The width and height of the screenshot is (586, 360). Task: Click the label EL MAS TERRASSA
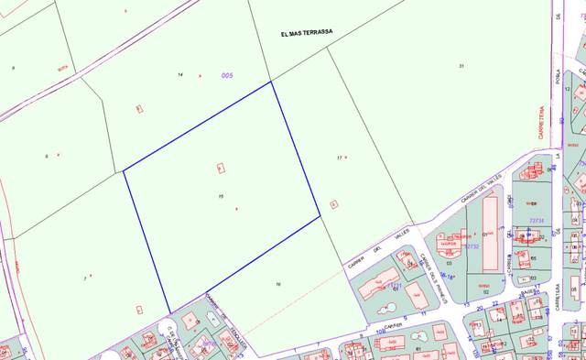point(307,32)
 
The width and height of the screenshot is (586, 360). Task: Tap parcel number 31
point(462,65)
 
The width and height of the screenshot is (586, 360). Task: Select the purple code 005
point(227,75)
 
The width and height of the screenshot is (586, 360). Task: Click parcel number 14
point(180,74)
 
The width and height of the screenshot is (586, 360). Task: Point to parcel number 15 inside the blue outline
point(222,196)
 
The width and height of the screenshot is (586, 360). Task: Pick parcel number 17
point(339,158)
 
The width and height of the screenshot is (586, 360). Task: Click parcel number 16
point(277,285)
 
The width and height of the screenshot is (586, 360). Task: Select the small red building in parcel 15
point(221,168)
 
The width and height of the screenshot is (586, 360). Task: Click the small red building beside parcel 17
point(333,204)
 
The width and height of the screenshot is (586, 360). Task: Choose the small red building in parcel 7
point(139,310)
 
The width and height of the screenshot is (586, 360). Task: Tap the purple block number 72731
point(537,221)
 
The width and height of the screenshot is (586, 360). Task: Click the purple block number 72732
point(472,245)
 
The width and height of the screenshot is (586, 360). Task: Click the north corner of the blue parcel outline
point(271,82)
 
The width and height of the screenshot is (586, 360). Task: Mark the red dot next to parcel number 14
point(200,75)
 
